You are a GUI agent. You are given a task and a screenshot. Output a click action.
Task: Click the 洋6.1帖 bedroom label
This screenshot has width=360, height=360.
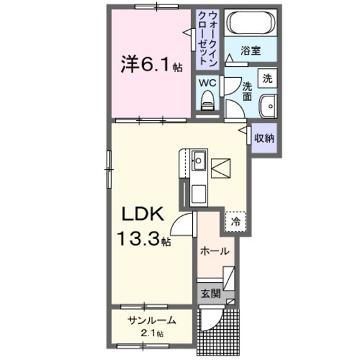coord(150,64)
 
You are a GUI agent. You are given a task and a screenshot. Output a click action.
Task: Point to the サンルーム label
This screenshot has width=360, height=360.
coord(152,321)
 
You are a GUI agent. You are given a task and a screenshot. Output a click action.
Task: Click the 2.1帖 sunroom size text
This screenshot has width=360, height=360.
coord(152,334)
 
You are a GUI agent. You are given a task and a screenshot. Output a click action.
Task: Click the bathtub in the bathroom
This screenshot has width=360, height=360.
coord(251,25)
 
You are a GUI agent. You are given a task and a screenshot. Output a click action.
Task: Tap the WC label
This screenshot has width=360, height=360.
coord(206,83)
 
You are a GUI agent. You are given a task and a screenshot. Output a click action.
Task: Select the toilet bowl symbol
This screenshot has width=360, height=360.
coord(207,100)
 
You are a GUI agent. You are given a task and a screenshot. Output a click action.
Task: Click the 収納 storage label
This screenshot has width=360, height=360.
coord(264,137)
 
